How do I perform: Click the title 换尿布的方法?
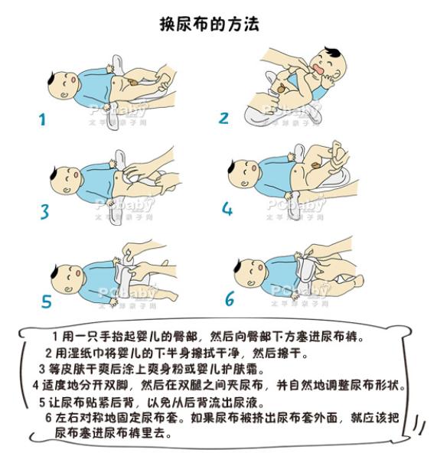210,24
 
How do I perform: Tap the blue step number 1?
43,119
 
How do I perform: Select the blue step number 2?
223,118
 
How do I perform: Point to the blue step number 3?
44,211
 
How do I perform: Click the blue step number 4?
227,208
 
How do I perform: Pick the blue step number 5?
46,301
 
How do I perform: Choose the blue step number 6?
230,298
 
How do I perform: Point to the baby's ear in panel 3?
66,190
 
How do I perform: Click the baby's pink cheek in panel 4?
254,168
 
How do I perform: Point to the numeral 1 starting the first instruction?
55,336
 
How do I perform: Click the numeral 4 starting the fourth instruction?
35,385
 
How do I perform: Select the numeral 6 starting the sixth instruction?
48,418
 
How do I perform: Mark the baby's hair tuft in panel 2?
332,53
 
